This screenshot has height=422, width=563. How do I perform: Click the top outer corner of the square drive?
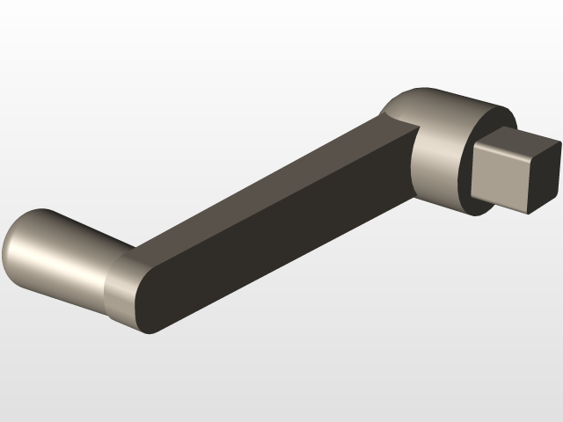(x=559, y=142)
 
